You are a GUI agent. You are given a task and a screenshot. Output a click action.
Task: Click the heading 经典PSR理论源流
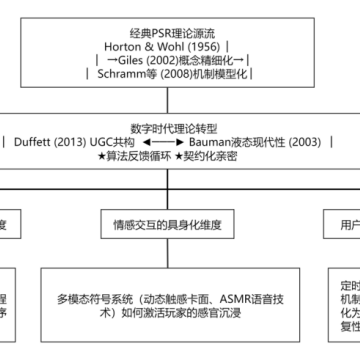coord(180,30)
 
